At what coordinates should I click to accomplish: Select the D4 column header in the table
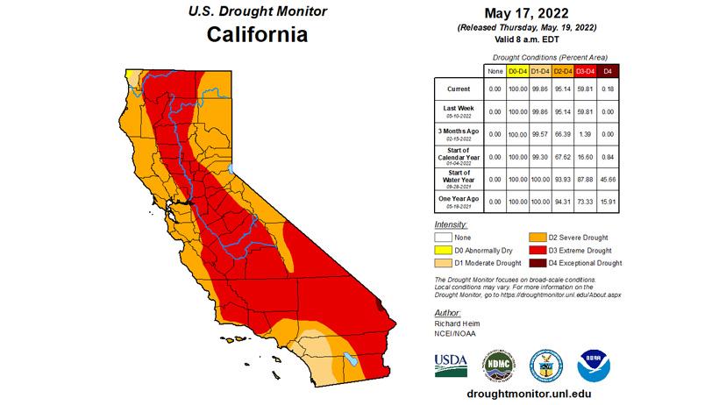click(x=609, y=69)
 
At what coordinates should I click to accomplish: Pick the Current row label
click(x=458, y=89)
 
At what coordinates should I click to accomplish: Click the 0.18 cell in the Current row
click(x=609, y=89)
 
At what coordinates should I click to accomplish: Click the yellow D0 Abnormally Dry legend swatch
click(x=447, y=250)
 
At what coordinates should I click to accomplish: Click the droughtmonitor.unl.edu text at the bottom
click(x=528, y=393)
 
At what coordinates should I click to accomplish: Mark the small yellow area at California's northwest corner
click(x=132, y=75)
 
